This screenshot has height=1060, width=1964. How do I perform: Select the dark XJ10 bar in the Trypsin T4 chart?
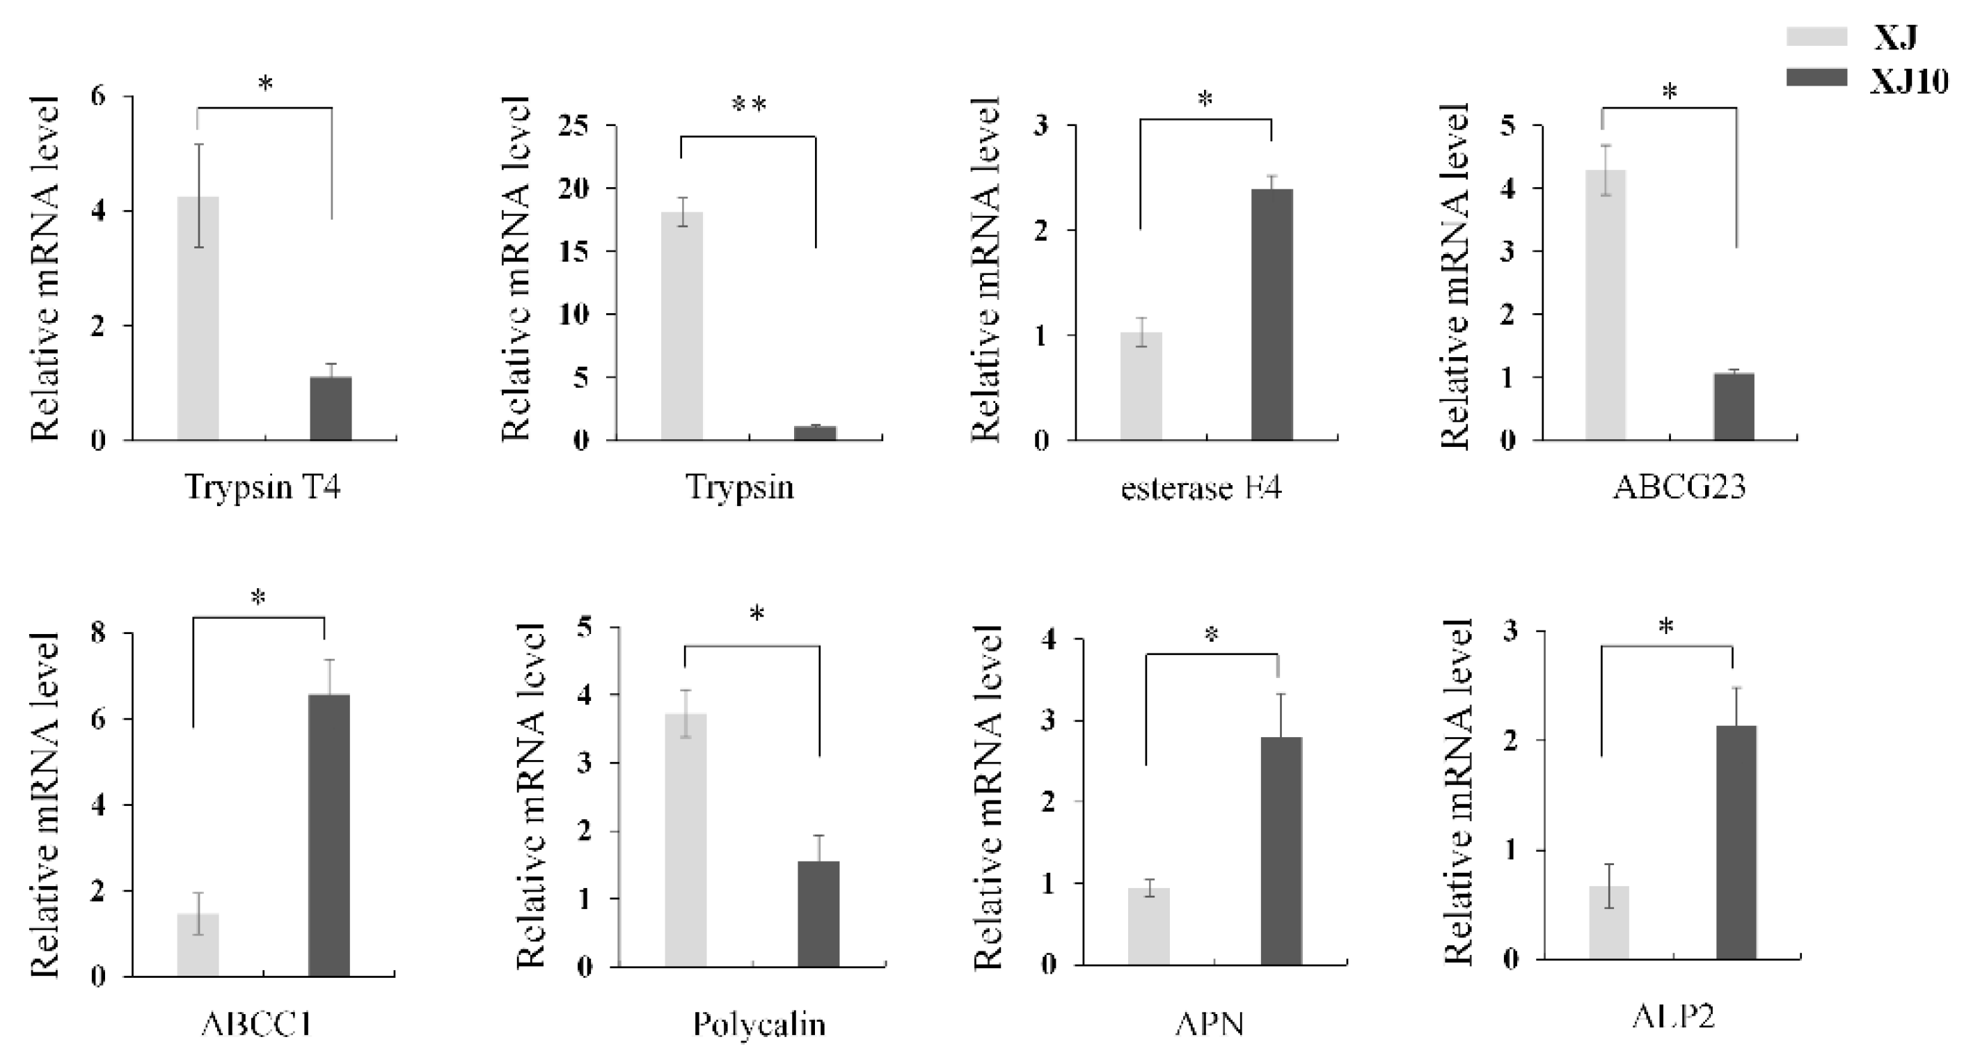click(x=330, y=408)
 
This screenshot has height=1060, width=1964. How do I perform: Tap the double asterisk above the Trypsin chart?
click(x=748, y=106)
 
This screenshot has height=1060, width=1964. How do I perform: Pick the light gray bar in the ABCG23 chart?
click(x=1605, y=305)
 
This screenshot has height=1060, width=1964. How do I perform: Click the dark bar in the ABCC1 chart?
click(x=329, y=835)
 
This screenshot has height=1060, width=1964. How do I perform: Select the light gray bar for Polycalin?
click(x=686, y=839)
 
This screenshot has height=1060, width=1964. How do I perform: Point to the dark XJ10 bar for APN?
click(x=1281, y=851)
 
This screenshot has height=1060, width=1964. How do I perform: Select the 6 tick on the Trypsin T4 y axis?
click(x=97, y=97)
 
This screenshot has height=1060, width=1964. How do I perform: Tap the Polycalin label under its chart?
click(x=759, y=1025)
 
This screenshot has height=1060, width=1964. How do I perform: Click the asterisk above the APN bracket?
click(x=1212, y=635)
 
